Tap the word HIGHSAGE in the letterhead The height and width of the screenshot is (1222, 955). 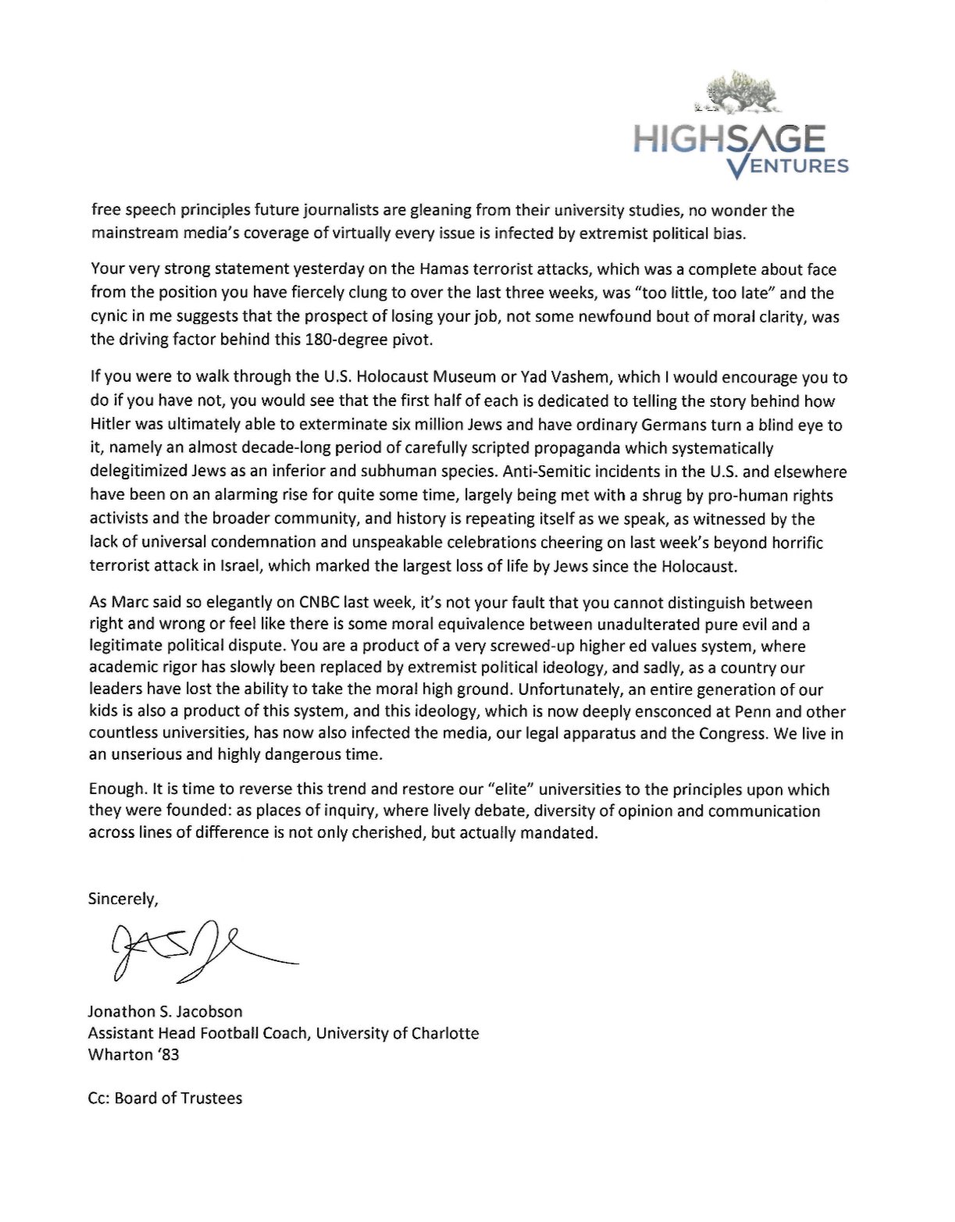click(729, 140)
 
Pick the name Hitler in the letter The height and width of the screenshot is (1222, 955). click(113, 426)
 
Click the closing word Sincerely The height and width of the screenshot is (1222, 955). click(123, 899)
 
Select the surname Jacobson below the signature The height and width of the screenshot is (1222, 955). click(207, 1012)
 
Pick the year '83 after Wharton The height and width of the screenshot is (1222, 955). click(167, 1055)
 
